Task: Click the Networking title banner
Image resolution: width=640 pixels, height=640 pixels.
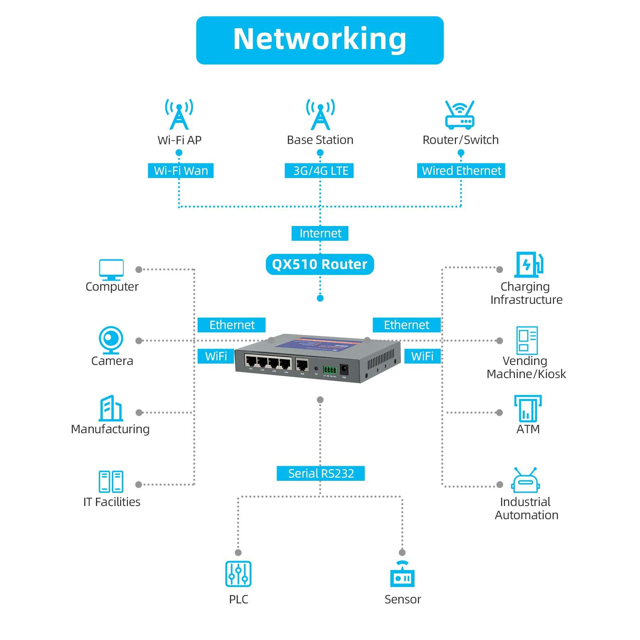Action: click(319, 40)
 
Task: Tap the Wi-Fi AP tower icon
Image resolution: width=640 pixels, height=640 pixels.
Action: click(179, 114)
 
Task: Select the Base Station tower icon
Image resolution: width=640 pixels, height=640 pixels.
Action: click(320, 114)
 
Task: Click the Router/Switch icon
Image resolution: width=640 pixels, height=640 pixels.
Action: click(459, 115)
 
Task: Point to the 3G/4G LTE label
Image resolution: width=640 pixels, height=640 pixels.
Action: click(319, 171)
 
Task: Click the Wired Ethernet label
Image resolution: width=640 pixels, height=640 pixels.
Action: click(461, 171)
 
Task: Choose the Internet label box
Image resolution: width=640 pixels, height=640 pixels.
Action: click(320, 233)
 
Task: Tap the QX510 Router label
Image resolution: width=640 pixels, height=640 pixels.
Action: click(319, 264)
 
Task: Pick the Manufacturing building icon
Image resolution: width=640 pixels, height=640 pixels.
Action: click(111, 408)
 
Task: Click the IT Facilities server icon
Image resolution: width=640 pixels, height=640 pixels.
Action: click(111, 482)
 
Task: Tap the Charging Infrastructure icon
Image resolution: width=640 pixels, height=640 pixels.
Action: click(528, 264)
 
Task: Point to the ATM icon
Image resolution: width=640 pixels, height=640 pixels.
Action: click(528, 408)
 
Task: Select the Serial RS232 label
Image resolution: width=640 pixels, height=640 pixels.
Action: click(321, 473)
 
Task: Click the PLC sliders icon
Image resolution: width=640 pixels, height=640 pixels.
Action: click(238, 574)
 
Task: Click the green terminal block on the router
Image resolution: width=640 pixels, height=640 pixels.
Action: click(329, 370)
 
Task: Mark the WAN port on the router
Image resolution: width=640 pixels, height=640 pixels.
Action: click(302, 365)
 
